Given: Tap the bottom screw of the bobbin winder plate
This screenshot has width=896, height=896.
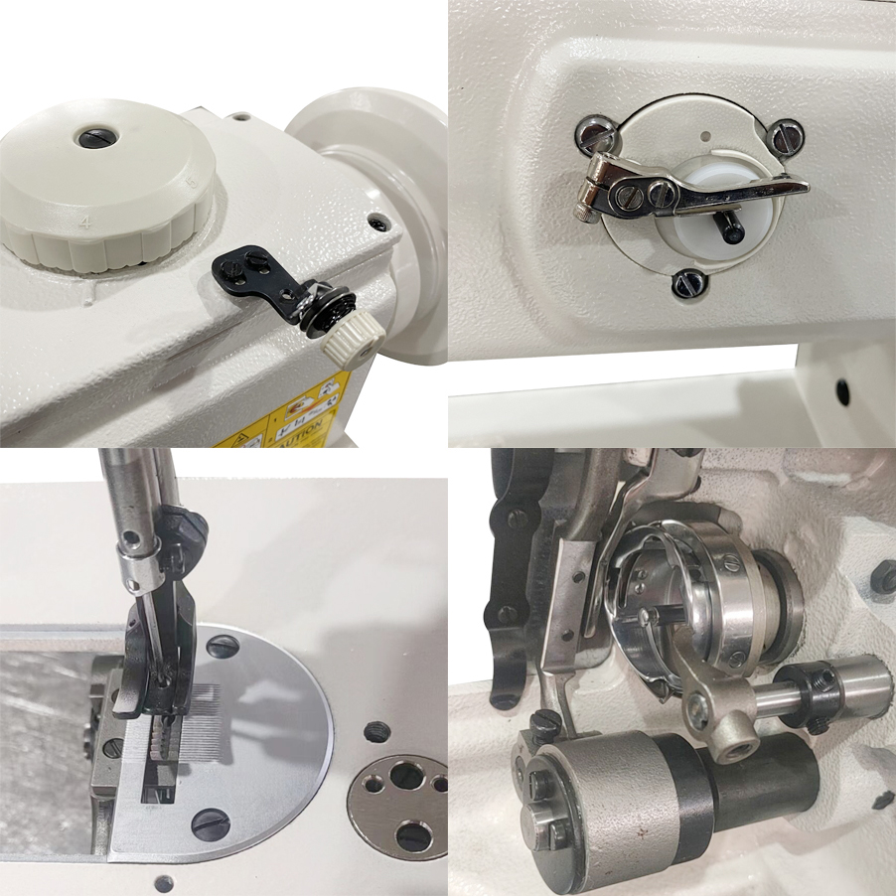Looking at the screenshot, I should pyautogui.click(x=687, y=285).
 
